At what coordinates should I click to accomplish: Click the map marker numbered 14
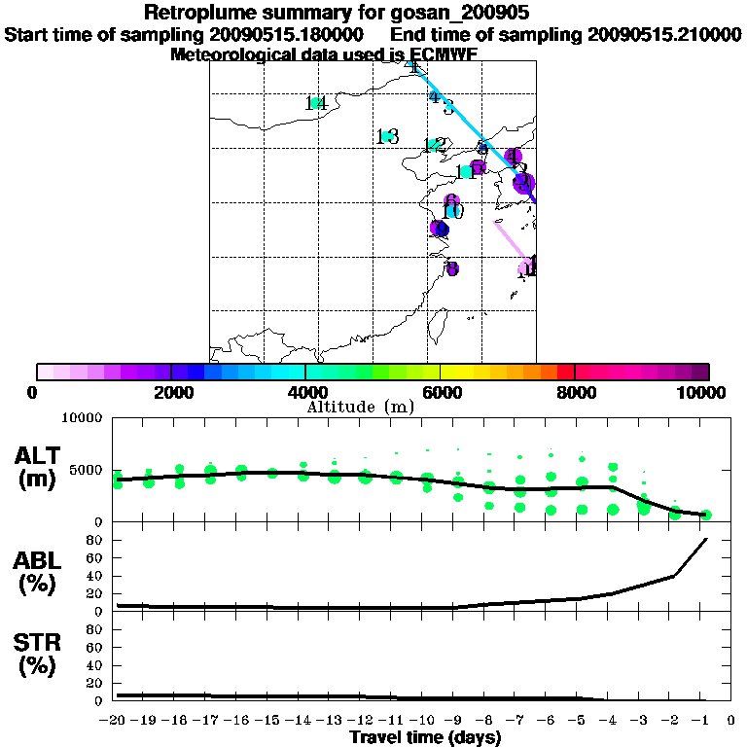[x=315, y=103]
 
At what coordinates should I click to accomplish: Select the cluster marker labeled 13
[x=387, y=137]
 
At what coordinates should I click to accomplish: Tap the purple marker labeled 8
[x=450, y=268]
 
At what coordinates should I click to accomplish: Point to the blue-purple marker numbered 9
[x=439, y=229]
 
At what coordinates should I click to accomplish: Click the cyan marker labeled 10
[x=452, y=211]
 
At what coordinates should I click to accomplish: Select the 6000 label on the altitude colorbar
[x=441, y=392]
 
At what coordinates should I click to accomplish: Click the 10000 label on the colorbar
[x=703, y=392]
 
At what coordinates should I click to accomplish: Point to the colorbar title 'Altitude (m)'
[x=360, y=407]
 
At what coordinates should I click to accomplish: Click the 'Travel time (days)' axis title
[x=425, y=738]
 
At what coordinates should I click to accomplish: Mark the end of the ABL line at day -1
[x=705, y=539]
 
